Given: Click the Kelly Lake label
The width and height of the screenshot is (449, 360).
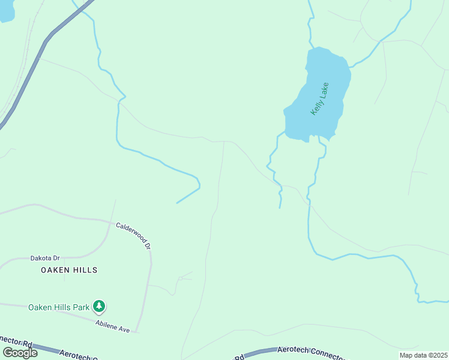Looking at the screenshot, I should (x=320, y=98).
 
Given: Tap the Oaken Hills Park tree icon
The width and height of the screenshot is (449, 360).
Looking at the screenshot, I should (x=99, y=307).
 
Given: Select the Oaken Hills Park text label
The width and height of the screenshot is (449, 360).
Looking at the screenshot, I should (x=59, y=307).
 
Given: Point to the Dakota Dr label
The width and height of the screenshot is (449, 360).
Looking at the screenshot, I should (x=46, y=259).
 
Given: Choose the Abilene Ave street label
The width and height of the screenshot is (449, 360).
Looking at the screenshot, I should (x=112, y=326).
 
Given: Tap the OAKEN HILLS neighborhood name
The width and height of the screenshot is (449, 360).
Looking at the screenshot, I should (x=69, y=271).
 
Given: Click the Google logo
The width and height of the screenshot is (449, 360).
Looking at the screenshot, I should (x=20, y=353).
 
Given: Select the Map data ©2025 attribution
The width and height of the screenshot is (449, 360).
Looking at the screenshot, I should (x=423, y=355).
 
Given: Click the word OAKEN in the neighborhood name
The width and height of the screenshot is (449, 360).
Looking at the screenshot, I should (x=55, y=271).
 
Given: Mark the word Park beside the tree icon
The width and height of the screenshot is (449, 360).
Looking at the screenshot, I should (x=82, y=307).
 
